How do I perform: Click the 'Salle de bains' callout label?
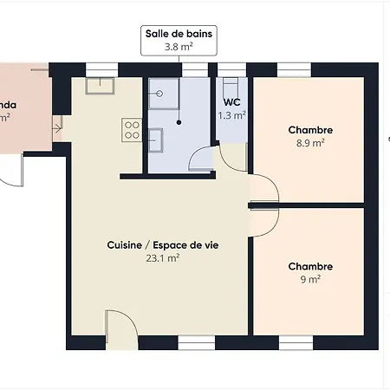click(x=179, y=35)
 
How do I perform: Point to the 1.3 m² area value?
click(x=231, y=115)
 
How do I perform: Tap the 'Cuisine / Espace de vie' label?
click(x=163, y=245)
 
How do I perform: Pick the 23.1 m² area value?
click(x=163, y=257)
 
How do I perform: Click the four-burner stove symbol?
click(x=133, y=131)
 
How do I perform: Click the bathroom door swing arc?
click(x=199, y=159)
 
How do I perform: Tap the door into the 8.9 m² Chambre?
click(x=263, y=188)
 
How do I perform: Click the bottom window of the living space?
click(x=196, y=343)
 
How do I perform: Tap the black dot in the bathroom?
click(x=179, y=122)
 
